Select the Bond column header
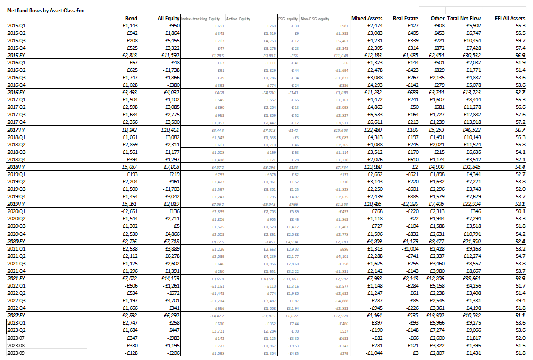coord(130,19)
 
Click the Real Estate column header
coord(406,19)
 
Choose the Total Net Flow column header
coord(464,19)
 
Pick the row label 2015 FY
coord(18,55)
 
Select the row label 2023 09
coord(18,353)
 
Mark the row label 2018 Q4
coord(18,159)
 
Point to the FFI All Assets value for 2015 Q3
coord(519,40)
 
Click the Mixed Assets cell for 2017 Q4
coord(373,122)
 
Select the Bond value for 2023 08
coord(130,345)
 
